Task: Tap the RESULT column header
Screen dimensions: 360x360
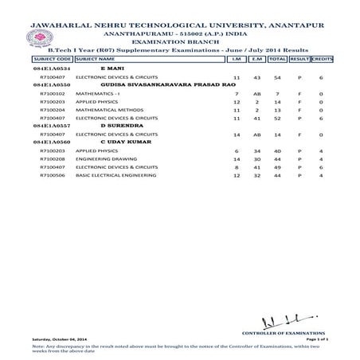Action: click(x=299, y=60)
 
